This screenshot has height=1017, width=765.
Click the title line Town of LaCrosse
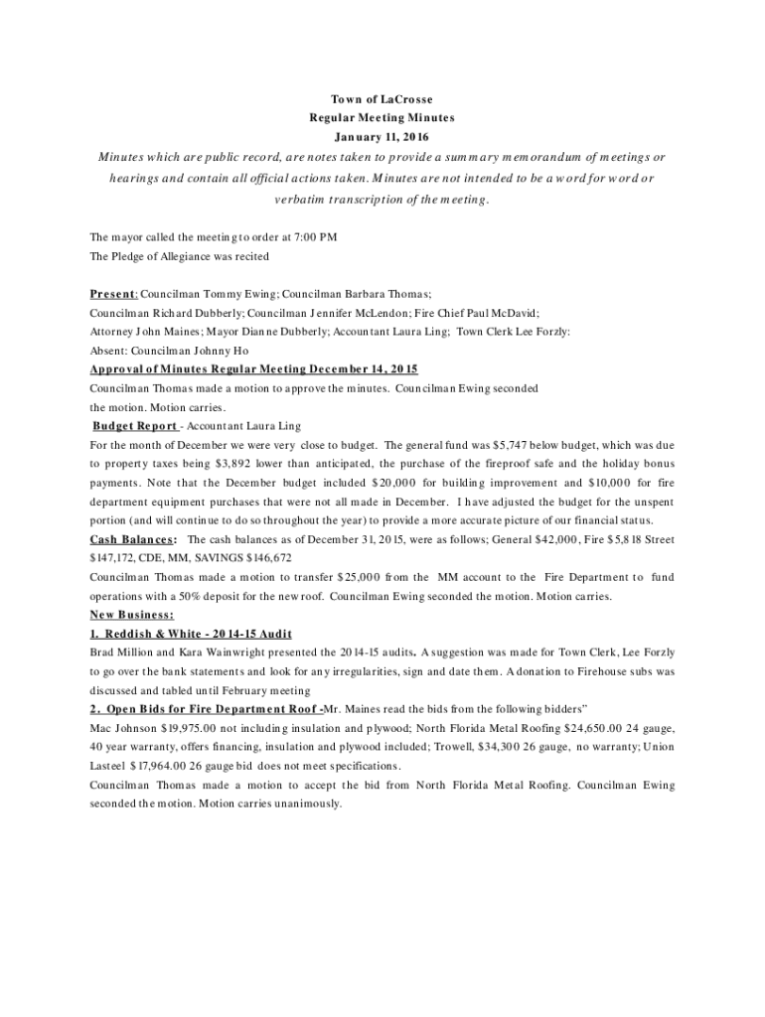tap(382, 99)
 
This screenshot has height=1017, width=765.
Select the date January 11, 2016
tap(382, 136)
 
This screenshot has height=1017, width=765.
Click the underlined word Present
tap(111, 295)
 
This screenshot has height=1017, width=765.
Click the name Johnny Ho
tap(226, 351)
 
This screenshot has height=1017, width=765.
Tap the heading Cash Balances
tap(133, 539)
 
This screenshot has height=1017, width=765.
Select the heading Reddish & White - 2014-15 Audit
tap(190, 634)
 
